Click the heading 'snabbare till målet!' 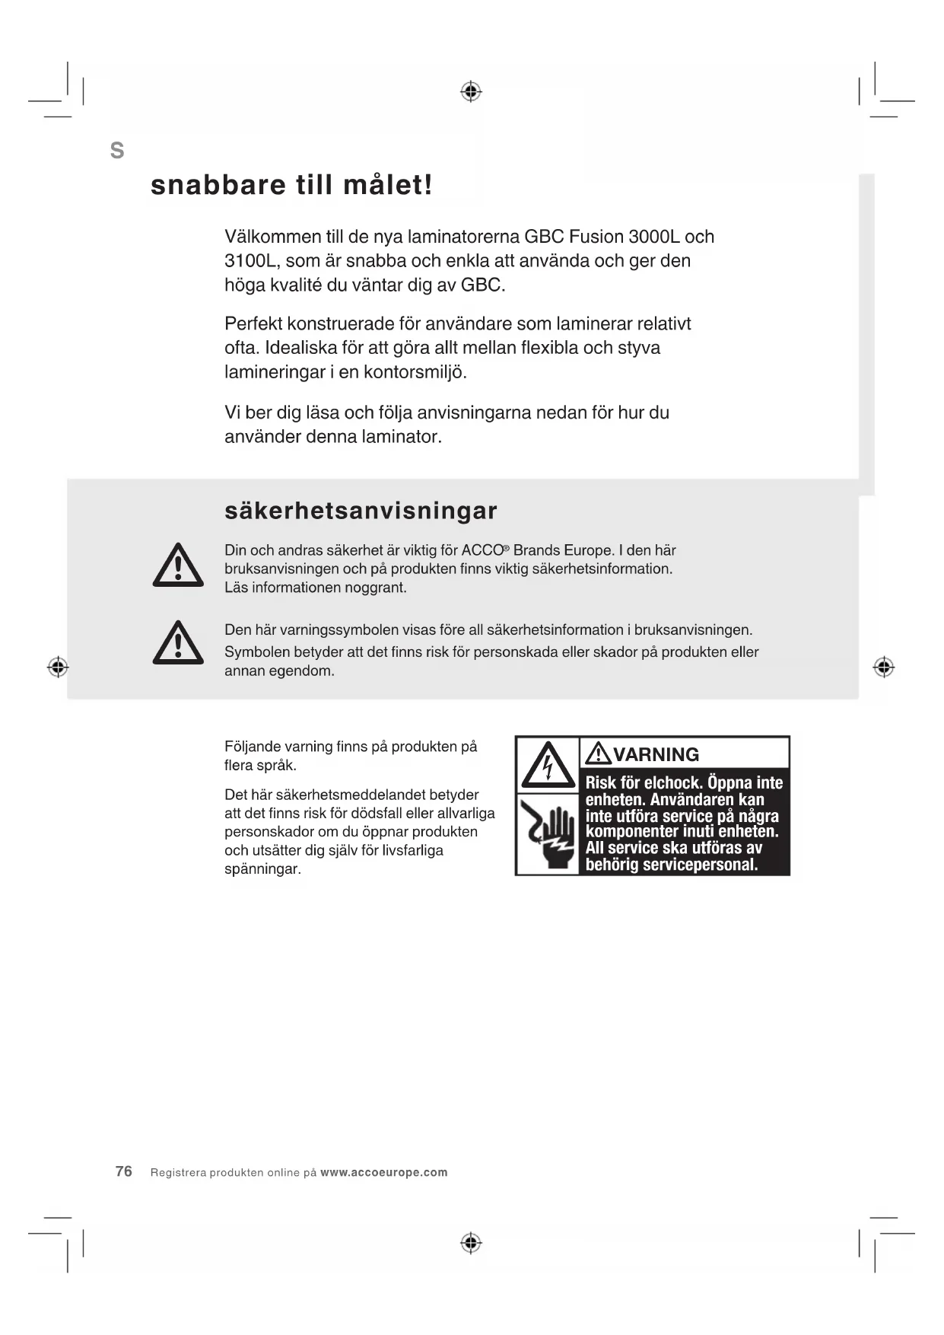(291, 185)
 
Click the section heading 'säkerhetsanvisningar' (361, 511)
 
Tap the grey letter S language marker (117, 151)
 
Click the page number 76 (124, 1171)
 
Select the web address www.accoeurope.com (384, 1172)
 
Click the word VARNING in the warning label (656, 754)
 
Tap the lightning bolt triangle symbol (548, 765)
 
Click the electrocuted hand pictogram (548, 835)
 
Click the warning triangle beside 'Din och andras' (178, 566)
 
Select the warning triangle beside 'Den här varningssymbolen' (178, 643)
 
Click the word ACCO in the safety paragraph (482, 550)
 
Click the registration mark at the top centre (471, 92)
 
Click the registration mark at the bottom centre (471, 1243)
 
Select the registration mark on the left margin (58, 667)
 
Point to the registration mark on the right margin (883, 667)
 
